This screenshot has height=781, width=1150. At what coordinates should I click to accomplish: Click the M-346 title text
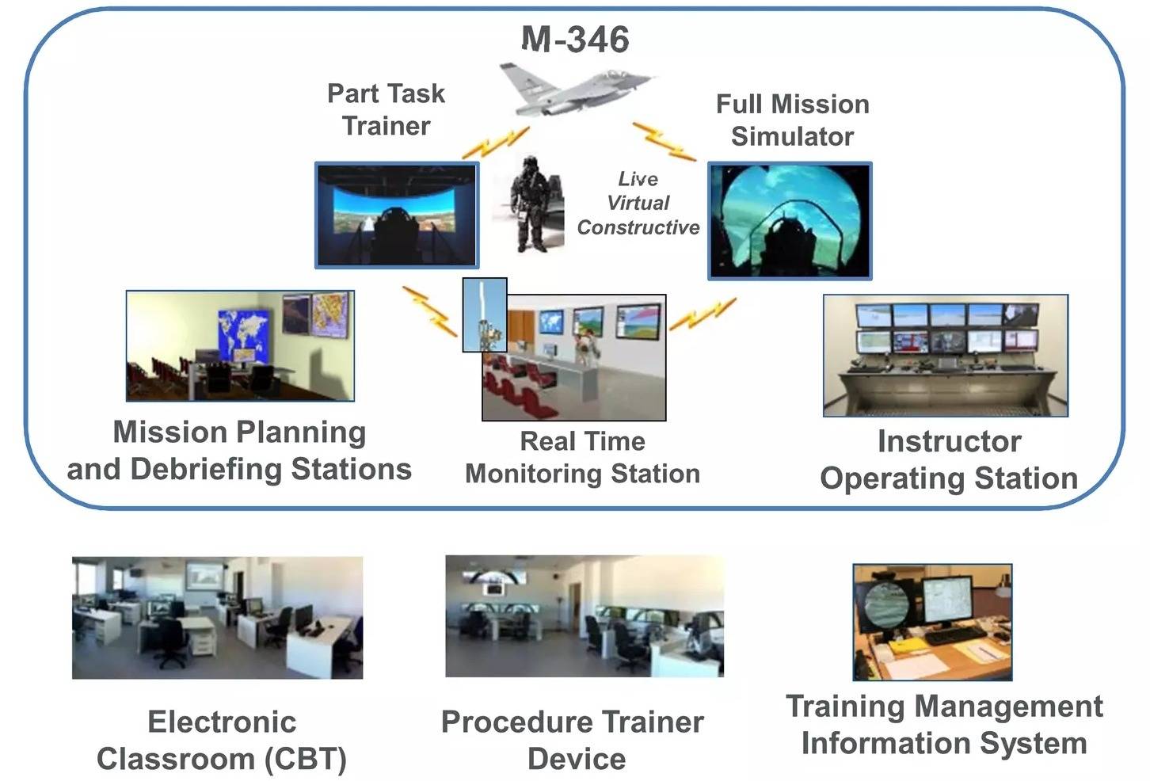(x=575, y=39)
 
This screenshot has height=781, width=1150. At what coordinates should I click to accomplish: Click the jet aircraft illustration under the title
(x=575, y=90)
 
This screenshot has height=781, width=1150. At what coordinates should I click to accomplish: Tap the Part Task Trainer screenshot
(x=397, y=215)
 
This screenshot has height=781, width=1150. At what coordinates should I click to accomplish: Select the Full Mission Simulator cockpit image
(x=790, y=221)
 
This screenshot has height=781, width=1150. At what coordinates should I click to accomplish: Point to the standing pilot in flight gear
(x=530, y=204)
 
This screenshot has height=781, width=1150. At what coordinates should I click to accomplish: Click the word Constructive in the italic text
(x=638, y=227)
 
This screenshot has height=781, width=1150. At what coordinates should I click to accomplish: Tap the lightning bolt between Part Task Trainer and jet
(x=496, y=143)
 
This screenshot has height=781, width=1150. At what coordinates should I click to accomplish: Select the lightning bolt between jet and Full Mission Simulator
(x=664, y=141)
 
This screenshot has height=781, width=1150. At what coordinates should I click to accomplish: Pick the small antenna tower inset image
(x=485, y=315)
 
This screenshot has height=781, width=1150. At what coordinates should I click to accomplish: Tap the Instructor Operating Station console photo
(x=946, y=356)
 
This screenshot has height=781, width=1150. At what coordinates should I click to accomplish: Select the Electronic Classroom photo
(x=217, y=618)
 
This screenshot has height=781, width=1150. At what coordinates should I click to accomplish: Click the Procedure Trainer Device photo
(x=585, y=616)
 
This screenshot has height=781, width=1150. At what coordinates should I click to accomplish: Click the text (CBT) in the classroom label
(x=306, y=759)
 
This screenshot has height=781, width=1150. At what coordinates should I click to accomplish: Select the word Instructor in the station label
(x=950, y=441)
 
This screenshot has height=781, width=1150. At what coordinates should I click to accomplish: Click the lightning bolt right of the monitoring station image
(x=703, y=314)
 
